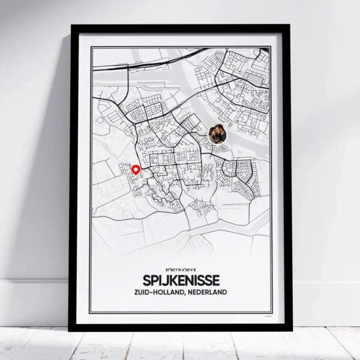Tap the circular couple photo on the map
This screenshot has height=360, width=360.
tap(217, 134)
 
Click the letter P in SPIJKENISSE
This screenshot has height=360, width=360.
tap(152, 281)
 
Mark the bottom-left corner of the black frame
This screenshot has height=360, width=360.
tap(70, 329)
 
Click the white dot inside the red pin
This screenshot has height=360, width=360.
tap(136, 169)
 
